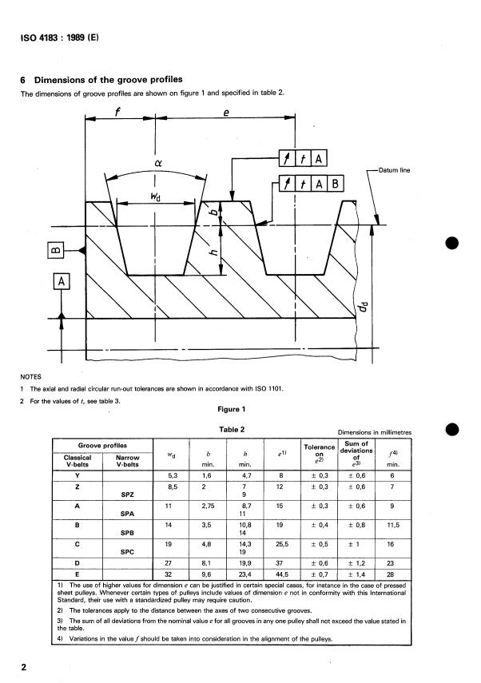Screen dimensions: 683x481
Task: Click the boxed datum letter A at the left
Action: click(x=64, y=281)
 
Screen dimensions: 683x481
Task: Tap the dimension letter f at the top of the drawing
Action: click(x=117, y=111)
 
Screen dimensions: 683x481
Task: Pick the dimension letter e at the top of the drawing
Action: click(x=228, y=112)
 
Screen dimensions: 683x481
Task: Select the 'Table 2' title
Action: click(x=229, y=429)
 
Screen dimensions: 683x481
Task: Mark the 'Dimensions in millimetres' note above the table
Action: click(x=375, y=431)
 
